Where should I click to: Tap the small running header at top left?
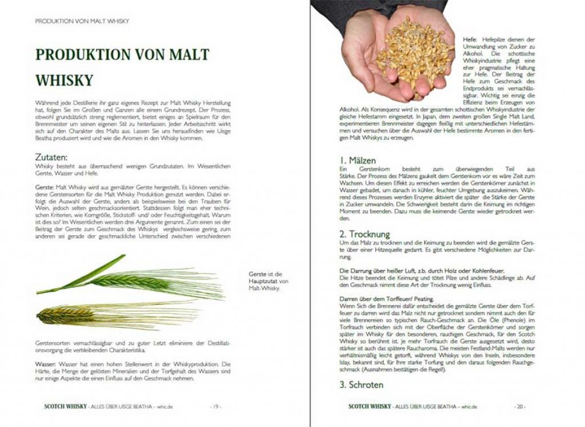pos(82,21)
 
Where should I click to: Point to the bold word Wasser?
pos(46,364)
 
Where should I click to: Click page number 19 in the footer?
pos(216,406)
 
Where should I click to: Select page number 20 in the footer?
pos(520,406)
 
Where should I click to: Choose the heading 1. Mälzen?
pos(358,161)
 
